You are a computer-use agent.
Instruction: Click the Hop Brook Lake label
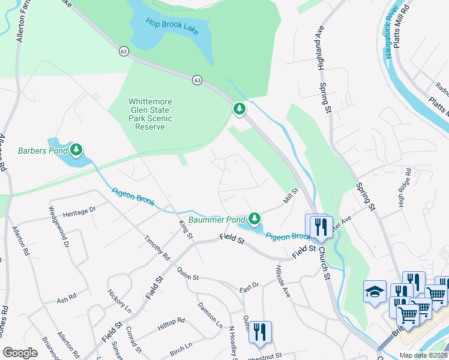[x=172, y=26]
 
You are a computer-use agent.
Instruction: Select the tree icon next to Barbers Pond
[x=76, y=149]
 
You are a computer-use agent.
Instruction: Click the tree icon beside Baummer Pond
[x=255, y=217]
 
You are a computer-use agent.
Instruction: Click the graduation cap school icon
[x=375, y=292]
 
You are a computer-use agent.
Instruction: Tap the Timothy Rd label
[x=157, y=248]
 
